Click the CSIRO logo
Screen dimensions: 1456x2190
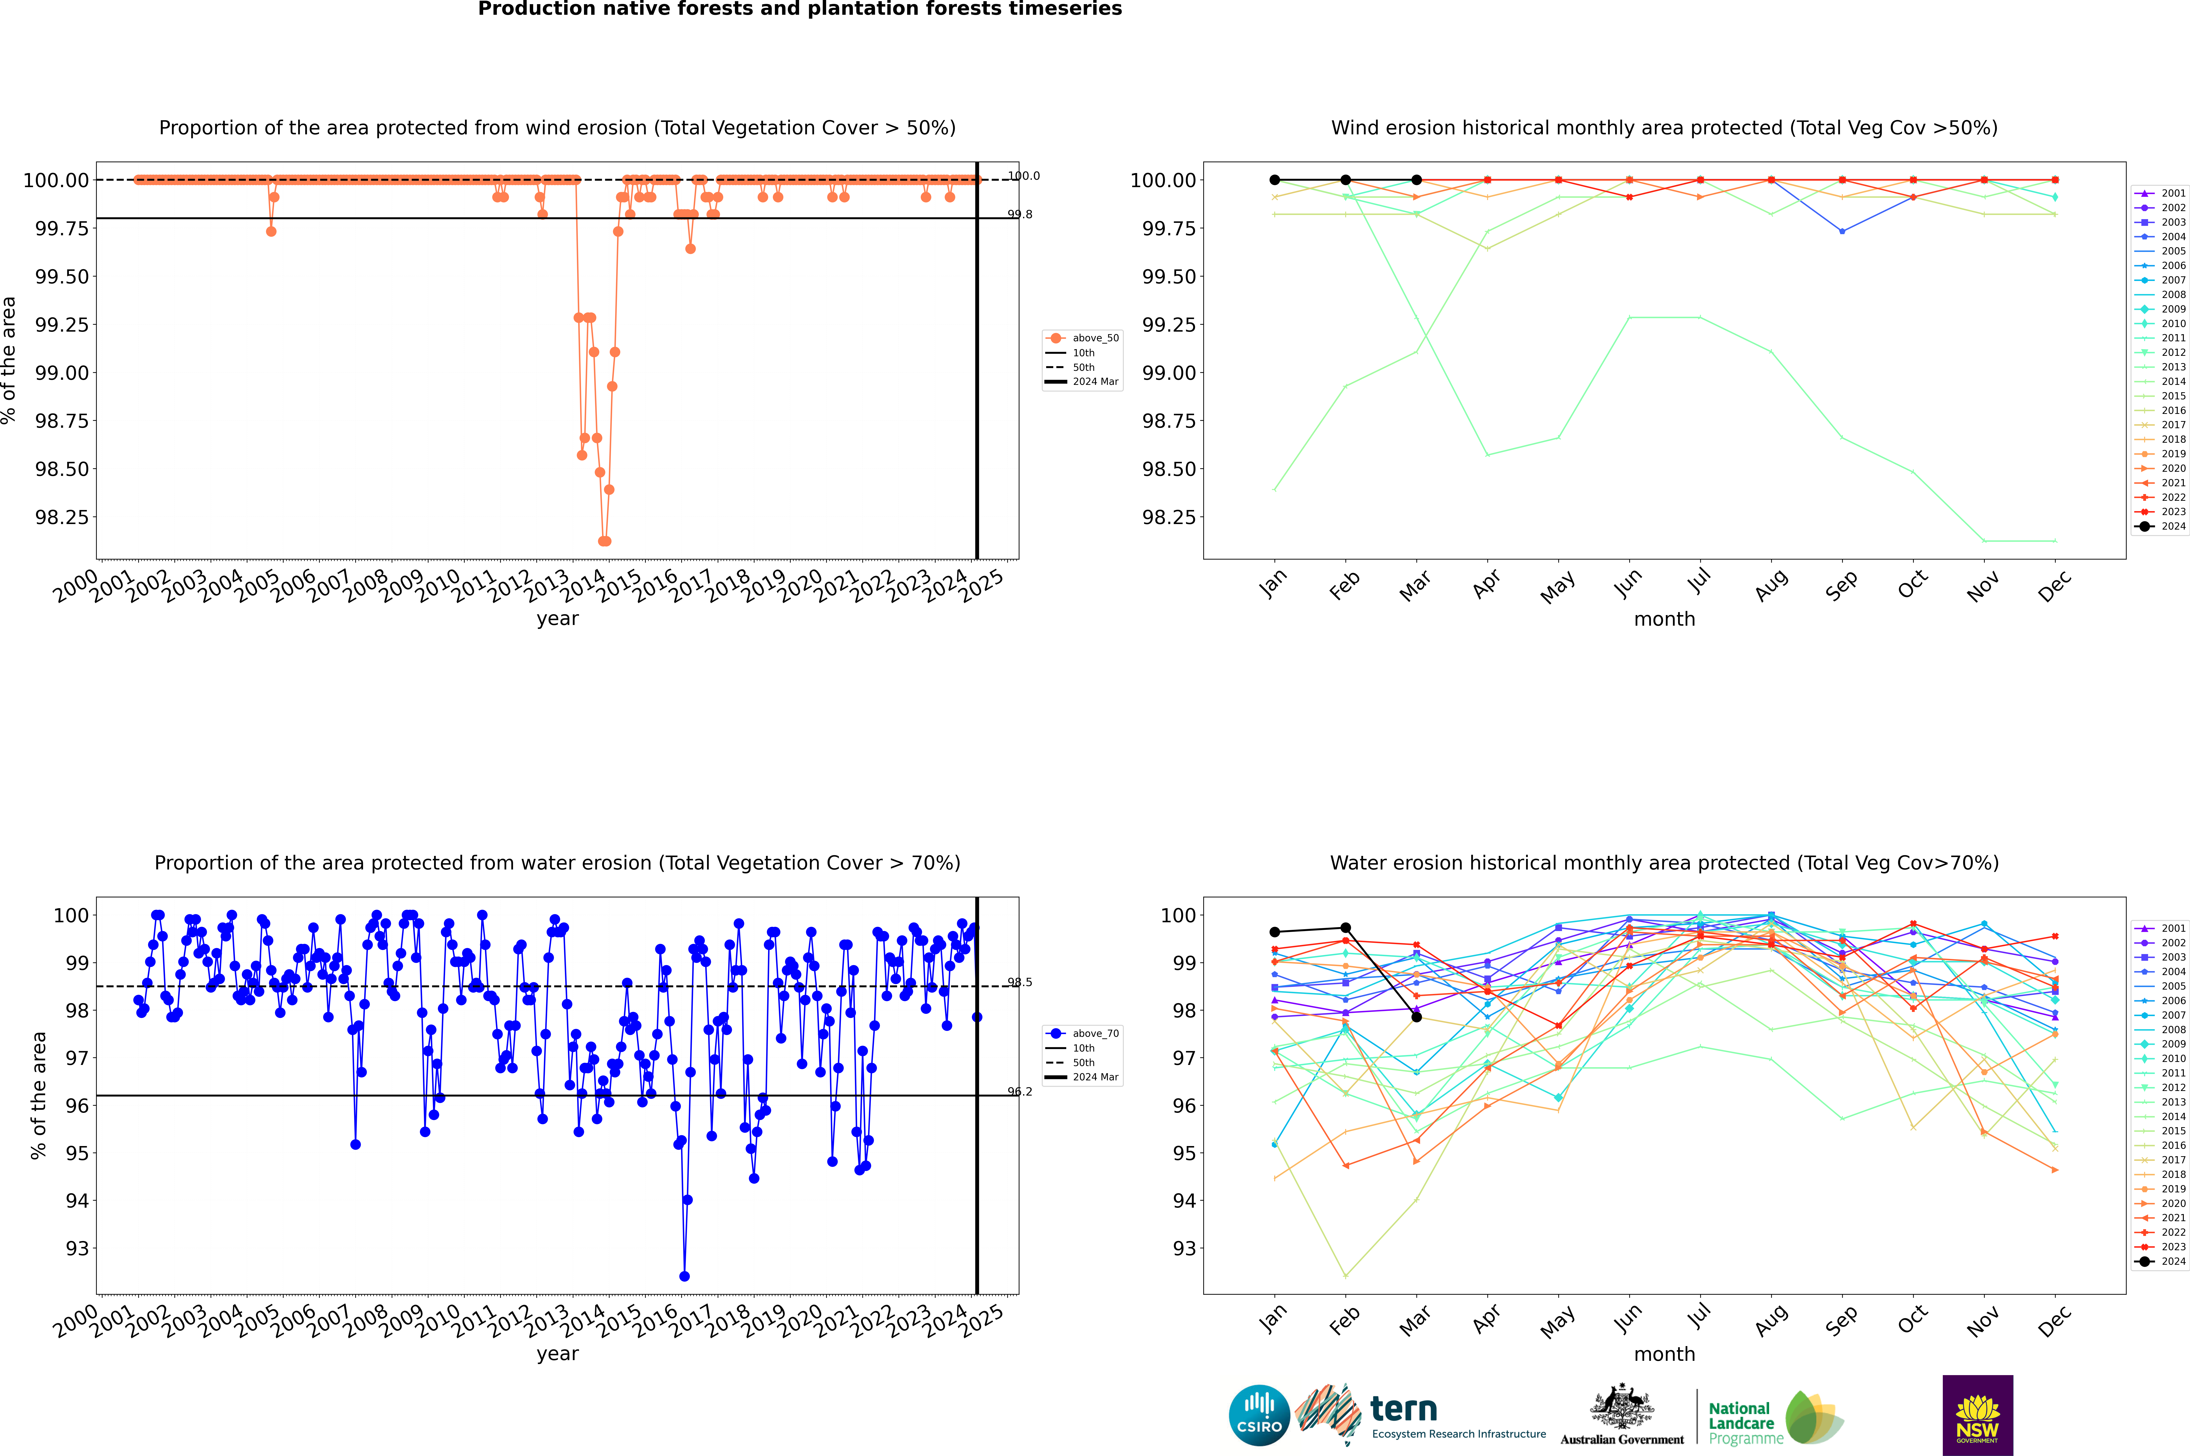1259,1415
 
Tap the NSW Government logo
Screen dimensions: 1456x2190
1977,1415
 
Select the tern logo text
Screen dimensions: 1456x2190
1404,1410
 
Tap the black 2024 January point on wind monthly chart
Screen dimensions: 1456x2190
1275,180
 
